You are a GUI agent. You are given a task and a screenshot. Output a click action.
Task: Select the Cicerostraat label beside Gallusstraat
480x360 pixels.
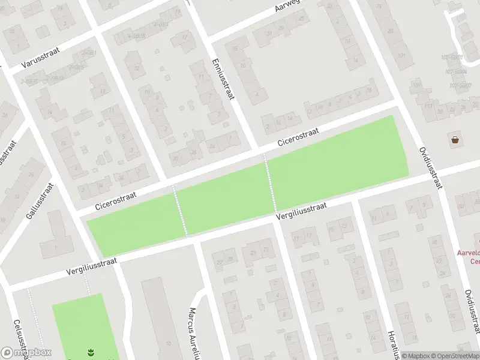click(116, 201)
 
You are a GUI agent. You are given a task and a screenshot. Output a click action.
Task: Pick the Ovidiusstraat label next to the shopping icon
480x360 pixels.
click(431, 167)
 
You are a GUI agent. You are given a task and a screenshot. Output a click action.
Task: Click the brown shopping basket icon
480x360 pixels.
click(455, 140)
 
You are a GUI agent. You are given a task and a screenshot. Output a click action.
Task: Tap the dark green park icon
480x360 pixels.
click(90, 352)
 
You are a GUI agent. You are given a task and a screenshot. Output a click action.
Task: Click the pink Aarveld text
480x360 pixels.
click(468, 253)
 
